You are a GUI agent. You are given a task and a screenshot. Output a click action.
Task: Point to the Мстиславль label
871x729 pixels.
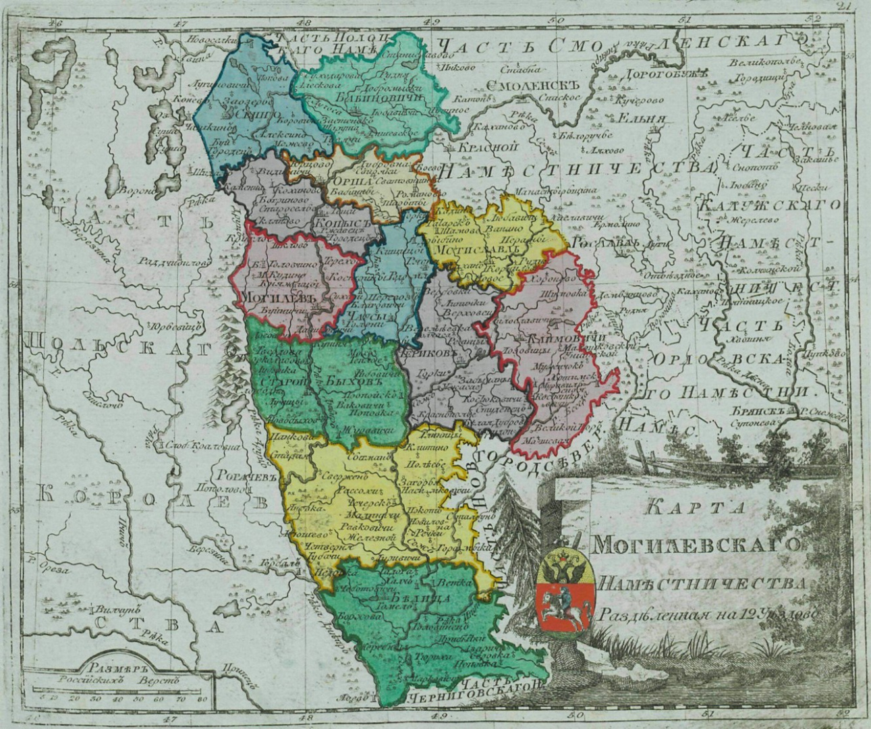click(x=477, y=250)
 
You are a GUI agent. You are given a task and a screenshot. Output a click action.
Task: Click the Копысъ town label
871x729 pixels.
click(x=343, y=223)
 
